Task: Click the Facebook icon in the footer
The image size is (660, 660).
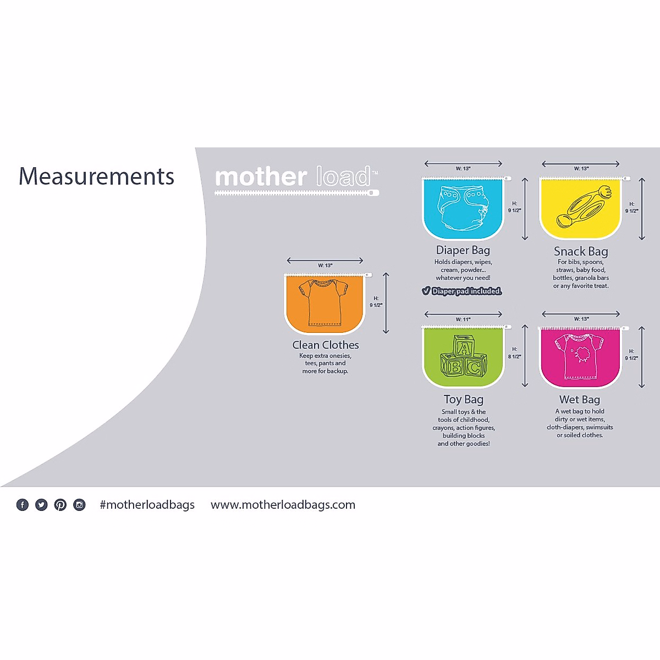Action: pyautogui.click(x=23, y=505)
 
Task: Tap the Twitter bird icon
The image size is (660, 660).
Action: pyautogui.click(x=41, y=505)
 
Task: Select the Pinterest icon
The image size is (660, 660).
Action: pyautogui.click(x=61, y=505)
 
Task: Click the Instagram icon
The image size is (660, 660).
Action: pyautogui.click(x=80, y=505)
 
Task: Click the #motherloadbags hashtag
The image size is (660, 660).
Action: pyautogui.click(x=147, y=505)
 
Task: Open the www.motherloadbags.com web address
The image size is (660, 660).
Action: pyautogui.click(x=283, y=505)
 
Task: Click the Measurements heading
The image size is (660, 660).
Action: pyautogui.click(x=96, y=177)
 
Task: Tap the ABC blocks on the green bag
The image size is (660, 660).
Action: pyautogui.click(x=463, y=356)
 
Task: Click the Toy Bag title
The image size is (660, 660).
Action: pyautogui.click(x=464, y=399)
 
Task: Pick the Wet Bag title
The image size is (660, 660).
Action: pyautogui.click(x=580, y=399)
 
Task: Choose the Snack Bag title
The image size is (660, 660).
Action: pyautogui.click(x=581, y=251)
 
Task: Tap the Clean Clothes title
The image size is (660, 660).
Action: pyautogui.click(x=325, y=345)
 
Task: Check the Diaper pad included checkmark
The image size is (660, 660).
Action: pyautogui.click(x=426, y=291)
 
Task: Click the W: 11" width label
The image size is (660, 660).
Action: pyautogui.click(x=463, y=320)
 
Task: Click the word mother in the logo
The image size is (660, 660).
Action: pyautogui.click(x=261, y=177)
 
